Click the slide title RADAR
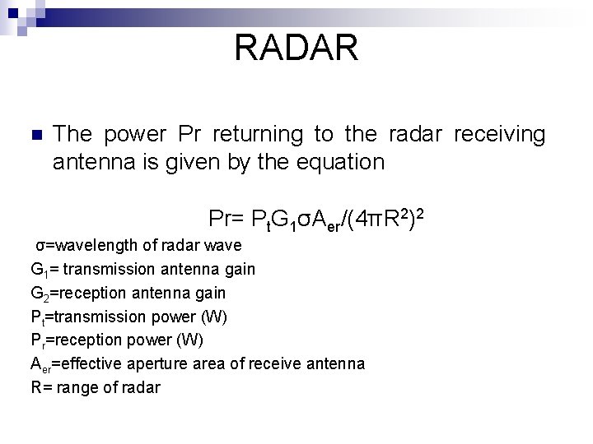(296, 48)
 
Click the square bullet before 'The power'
(35, 136)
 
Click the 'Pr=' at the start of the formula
(228, 220)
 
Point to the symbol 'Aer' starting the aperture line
(40, 363)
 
